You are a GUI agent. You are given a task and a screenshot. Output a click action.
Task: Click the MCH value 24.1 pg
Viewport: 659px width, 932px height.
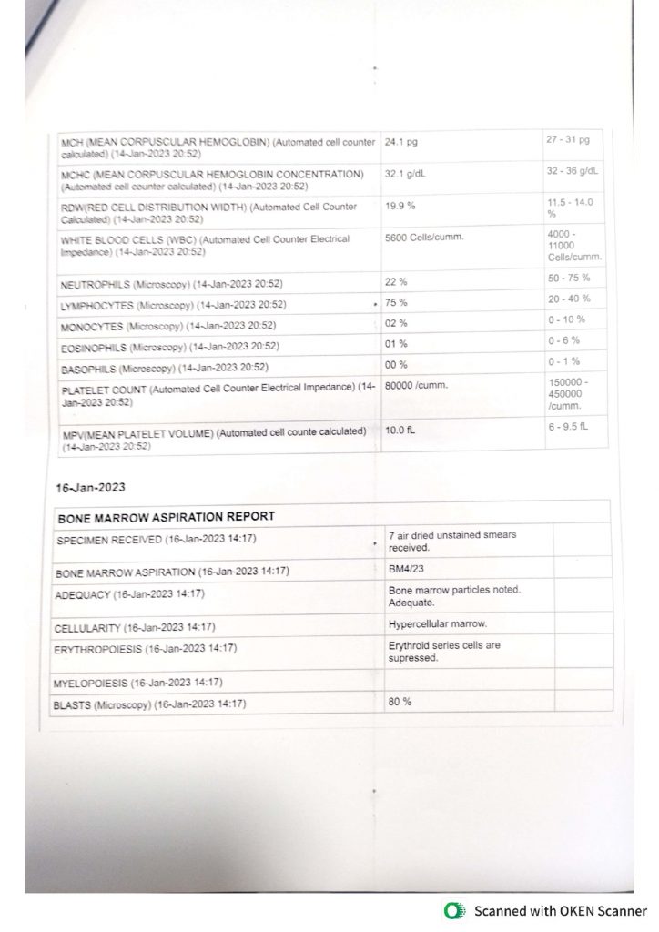pyautogui.click(x=401, y=143)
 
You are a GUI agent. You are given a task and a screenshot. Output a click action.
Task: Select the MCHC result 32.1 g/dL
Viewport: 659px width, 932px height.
pyautogui.click(x=406, y=172)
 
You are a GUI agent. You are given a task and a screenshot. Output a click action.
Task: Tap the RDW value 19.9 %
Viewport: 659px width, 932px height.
pyautogui.click(x=400, y=206)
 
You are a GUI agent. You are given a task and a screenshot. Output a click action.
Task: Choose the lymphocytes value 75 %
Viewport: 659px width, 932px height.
pyautogui.click(x=396, y=302)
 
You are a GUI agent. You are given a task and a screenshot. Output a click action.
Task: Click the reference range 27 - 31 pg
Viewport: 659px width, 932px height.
pyautogui.click(x=568, y=140)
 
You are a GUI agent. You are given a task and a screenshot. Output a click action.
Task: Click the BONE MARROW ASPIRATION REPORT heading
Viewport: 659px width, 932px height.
pyautogui.click(x=166, y=516)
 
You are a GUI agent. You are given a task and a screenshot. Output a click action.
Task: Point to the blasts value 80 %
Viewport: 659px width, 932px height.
pyautogui.click(x=400, y=702)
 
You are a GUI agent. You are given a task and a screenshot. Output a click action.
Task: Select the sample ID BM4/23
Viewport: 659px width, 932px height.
pyautogui.click(x=406, y=569)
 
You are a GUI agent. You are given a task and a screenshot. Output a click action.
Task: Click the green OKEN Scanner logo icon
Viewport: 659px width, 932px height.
pyautogui.click(x=451, y=911)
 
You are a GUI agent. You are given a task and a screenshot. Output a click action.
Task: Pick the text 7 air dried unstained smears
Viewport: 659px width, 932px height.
pyautogui.click(x=452, y=534)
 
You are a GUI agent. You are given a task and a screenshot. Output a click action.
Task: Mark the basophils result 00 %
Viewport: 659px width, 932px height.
pyautogui.click(x=396, y=364)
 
